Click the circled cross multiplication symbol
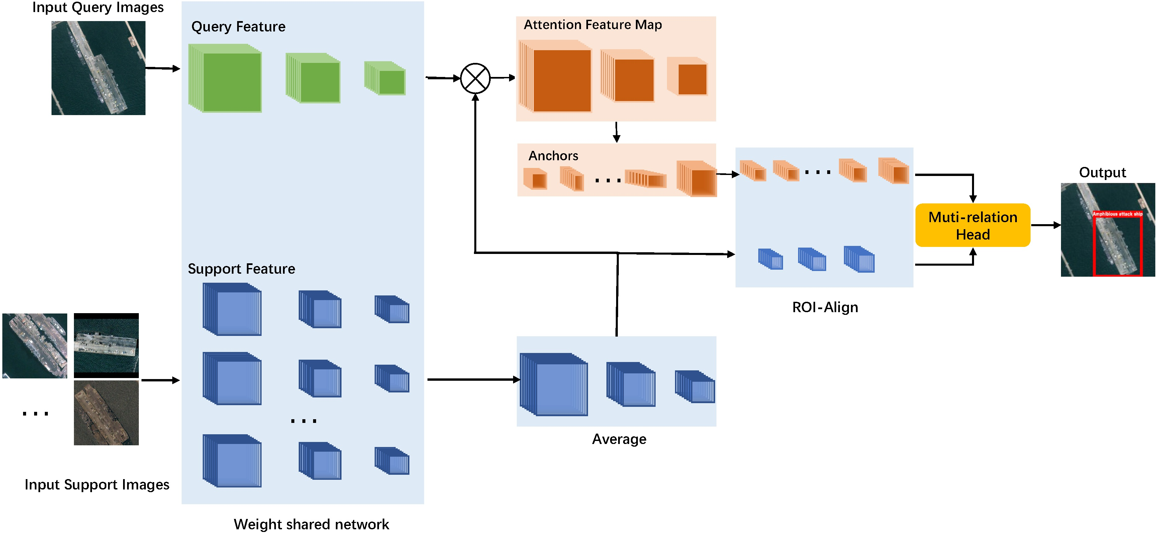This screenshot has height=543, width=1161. click(475, 78)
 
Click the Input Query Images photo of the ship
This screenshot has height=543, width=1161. click(98, 68)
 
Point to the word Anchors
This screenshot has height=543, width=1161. click(553, 156)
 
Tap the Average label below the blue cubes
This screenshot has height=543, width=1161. click(618, 439)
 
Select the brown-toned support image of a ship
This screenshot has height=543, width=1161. click(106, 413)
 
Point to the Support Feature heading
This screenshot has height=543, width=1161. click(241, 269)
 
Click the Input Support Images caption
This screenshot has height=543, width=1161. click(97, 484)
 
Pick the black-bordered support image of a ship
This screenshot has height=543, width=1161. click(106, 346)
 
